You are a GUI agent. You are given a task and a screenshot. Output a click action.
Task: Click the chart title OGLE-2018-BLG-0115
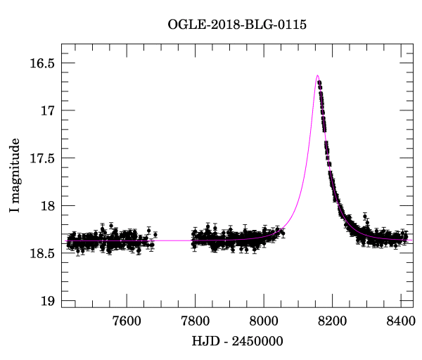point(236,25)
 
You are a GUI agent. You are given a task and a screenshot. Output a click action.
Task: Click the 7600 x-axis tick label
point(127,321)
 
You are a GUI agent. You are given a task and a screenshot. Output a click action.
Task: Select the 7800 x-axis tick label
point(195,321)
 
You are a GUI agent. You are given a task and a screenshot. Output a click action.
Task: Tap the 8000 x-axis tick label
point(264,321)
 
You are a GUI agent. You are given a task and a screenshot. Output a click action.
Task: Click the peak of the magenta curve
point(317,75)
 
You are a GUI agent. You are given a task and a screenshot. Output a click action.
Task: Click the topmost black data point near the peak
point(319,83)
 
